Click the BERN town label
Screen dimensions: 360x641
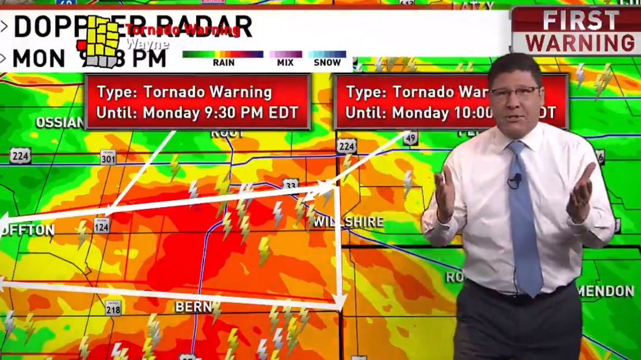193,307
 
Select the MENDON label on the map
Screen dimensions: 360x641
605,291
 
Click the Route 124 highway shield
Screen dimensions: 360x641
102,225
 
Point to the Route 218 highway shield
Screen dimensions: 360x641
113,307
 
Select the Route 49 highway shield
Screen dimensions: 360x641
410,138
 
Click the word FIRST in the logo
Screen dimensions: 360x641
580,21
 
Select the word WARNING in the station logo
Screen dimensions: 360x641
580,43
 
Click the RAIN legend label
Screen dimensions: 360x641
223,63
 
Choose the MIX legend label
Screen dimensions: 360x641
285,63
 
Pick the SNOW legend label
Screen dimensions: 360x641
327,63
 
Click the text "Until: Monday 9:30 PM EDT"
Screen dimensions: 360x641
197,113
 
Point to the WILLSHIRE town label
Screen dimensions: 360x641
349,222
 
